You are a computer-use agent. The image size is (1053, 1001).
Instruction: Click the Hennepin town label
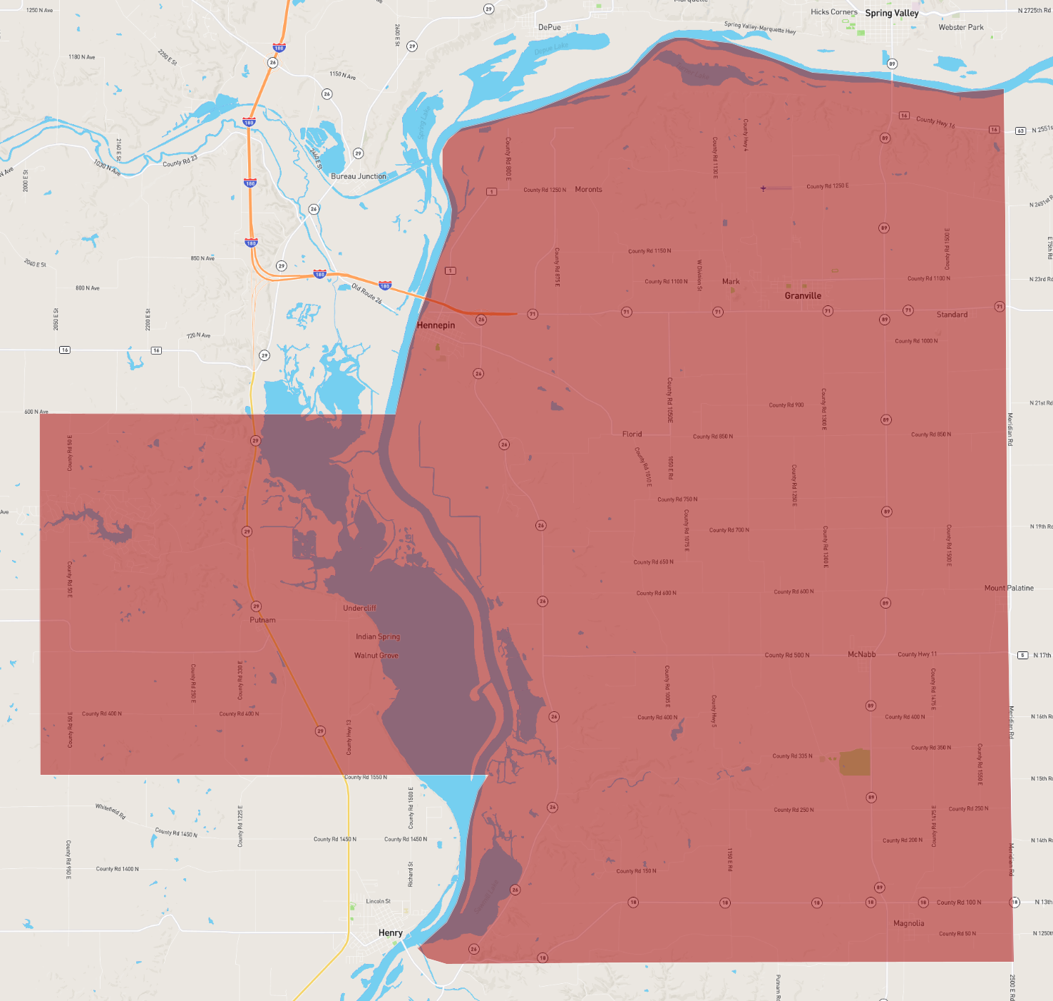tap(436, 325)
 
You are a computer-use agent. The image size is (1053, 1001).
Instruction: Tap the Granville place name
tap(803, 296)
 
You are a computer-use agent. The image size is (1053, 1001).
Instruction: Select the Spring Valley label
tap(891, 14)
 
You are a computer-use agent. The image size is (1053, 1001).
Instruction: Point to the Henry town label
tap(390, 933)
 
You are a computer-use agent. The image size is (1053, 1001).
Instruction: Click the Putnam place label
tap(262, 620)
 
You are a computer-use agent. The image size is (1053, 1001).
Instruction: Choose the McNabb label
tap(861, 654)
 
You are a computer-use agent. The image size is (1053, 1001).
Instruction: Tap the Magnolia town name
tap(908, 923)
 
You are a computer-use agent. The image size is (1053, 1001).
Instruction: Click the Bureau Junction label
tap(359, 176)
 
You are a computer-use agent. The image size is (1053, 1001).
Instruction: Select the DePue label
tap(549, 28)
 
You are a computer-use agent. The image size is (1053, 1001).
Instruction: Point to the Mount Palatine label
tap(1009, 588)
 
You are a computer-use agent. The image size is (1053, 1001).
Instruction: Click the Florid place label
tap(632, 434)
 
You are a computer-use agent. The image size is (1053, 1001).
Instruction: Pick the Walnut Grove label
tap(376, 656)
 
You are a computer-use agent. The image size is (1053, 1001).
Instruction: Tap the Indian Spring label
tap(378, 636)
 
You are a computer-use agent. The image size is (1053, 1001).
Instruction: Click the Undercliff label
tap(359, 609)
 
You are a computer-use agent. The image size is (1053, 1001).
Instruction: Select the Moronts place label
tap(588, 190)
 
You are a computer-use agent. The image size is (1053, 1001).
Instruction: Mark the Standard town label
tap(952, 315)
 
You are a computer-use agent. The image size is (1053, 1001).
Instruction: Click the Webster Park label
tap(961, 28)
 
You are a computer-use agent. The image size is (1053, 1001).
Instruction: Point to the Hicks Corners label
tap(833, 12)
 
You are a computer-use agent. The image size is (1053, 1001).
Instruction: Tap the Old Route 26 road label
tap(367, 293)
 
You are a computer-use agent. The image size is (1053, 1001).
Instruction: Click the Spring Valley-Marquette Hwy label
tap(760, 28)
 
